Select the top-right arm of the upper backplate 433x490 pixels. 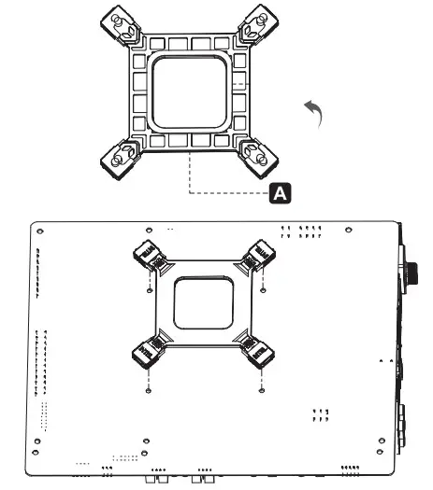[x=255, y=26]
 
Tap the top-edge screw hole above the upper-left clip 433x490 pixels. [x=150, y=230]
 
